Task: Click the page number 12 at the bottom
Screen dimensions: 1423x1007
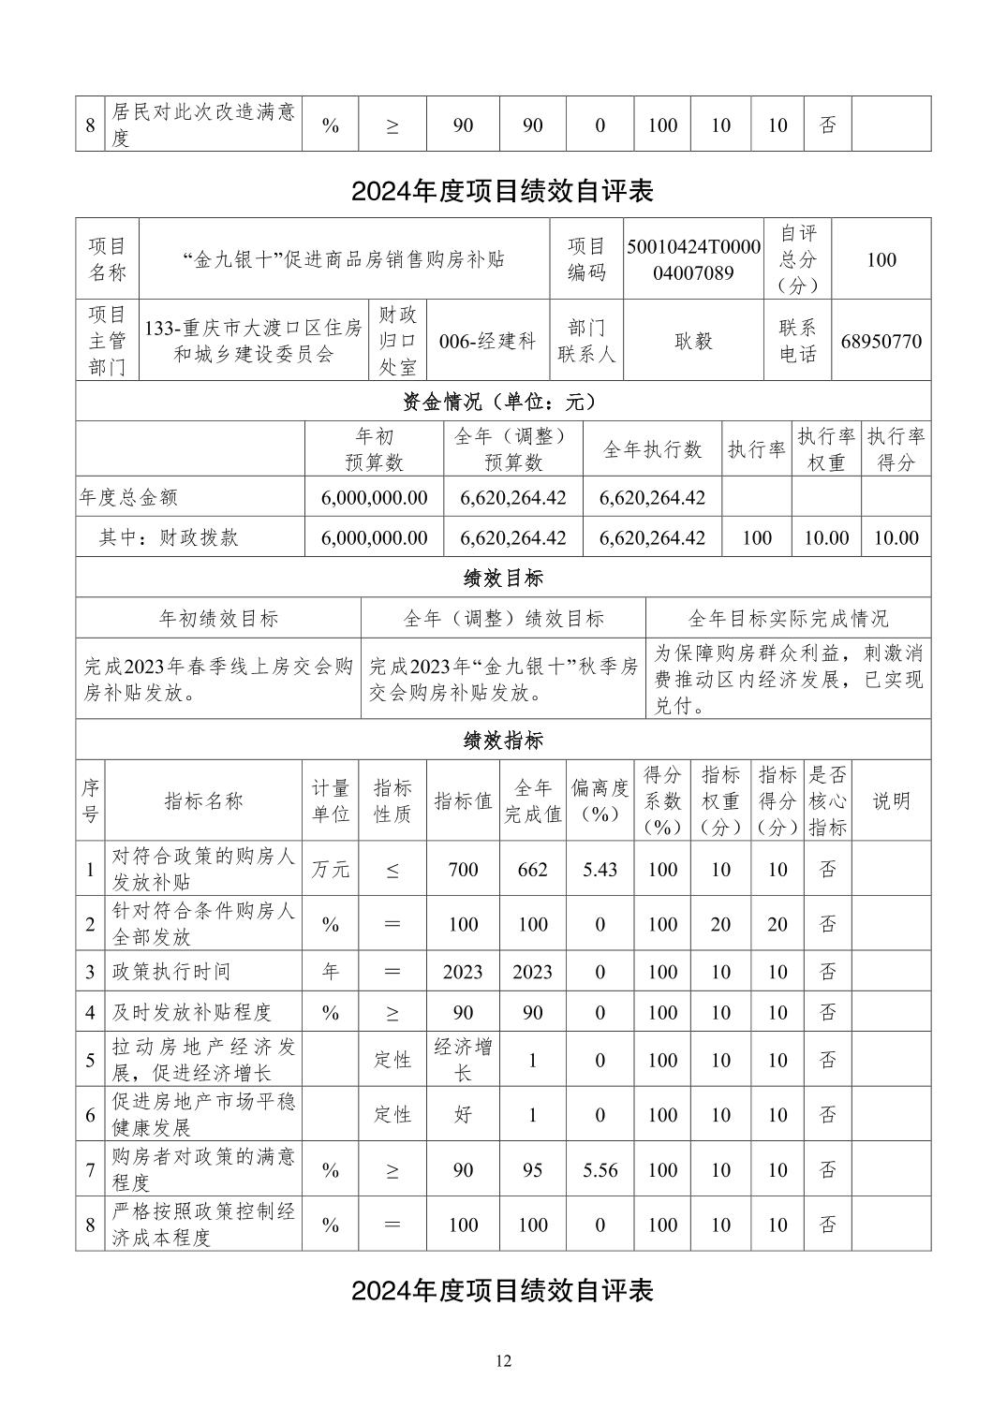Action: click(x=503, y=1360)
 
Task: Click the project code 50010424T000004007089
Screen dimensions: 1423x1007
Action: click(x=693, y=259)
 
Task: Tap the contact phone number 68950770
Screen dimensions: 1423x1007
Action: click(x=881, y=341)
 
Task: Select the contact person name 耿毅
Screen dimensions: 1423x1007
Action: click(x=693, y=341)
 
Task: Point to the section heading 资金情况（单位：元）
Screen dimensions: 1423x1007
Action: click(x=503, y=402)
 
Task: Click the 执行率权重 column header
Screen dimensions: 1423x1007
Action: click(x=826, y=449)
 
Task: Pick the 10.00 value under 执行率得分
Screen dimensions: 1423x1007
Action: click(x=896, y=537)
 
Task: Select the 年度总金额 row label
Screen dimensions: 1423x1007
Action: click(x=128, y=497)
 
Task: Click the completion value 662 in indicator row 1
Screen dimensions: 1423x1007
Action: click(x=532, y=869)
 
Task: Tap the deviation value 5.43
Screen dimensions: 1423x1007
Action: click(x=600, y=869)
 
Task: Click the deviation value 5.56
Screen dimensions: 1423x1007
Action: click(x=600, y=1169)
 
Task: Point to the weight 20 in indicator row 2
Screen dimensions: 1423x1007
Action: click(x=720, y=924)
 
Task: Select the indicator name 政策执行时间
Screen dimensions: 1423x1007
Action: click(x=171, y=972)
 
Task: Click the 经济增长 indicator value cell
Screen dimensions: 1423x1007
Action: click(x=463, y=1060)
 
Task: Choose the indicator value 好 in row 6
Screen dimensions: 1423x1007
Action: click(x=463, y=1115)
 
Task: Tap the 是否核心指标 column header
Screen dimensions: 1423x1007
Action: click(x=827, y=800)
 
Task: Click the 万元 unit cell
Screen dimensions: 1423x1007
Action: click(x=330, y=869)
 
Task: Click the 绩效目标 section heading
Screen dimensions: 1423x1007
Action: click(x=503, y=578)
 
